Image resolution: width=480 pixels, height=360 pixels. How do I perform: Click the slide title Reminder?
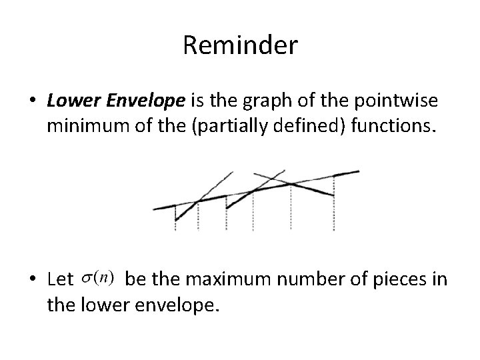coord(239,46)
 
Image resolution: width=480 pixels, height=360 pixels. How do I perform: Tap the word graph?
coord(253,101)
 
